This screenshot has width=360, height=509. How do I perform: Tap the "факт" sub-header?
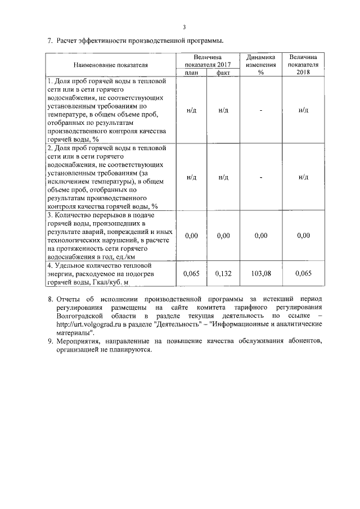(x=223, y=73)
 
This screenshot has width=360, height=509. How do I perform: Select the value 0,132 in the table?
(x=224, y=273)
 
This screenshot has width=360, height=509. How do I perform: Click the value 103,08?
(x=260, y=273)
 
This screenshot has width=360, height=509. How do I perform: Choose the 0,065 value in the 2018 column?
(x=304, y=273)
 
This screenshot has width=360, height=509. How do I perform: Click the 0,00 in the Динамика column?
(x=260, y=236)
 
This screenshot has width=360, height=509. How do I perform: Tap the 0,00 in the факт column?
(x=224, y=236)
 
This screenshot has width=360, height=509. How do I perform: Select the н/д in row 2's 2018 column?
(x=304, y=177)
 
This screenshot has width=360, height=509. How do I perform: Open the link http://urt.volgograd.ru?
(x=92, y=325)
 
